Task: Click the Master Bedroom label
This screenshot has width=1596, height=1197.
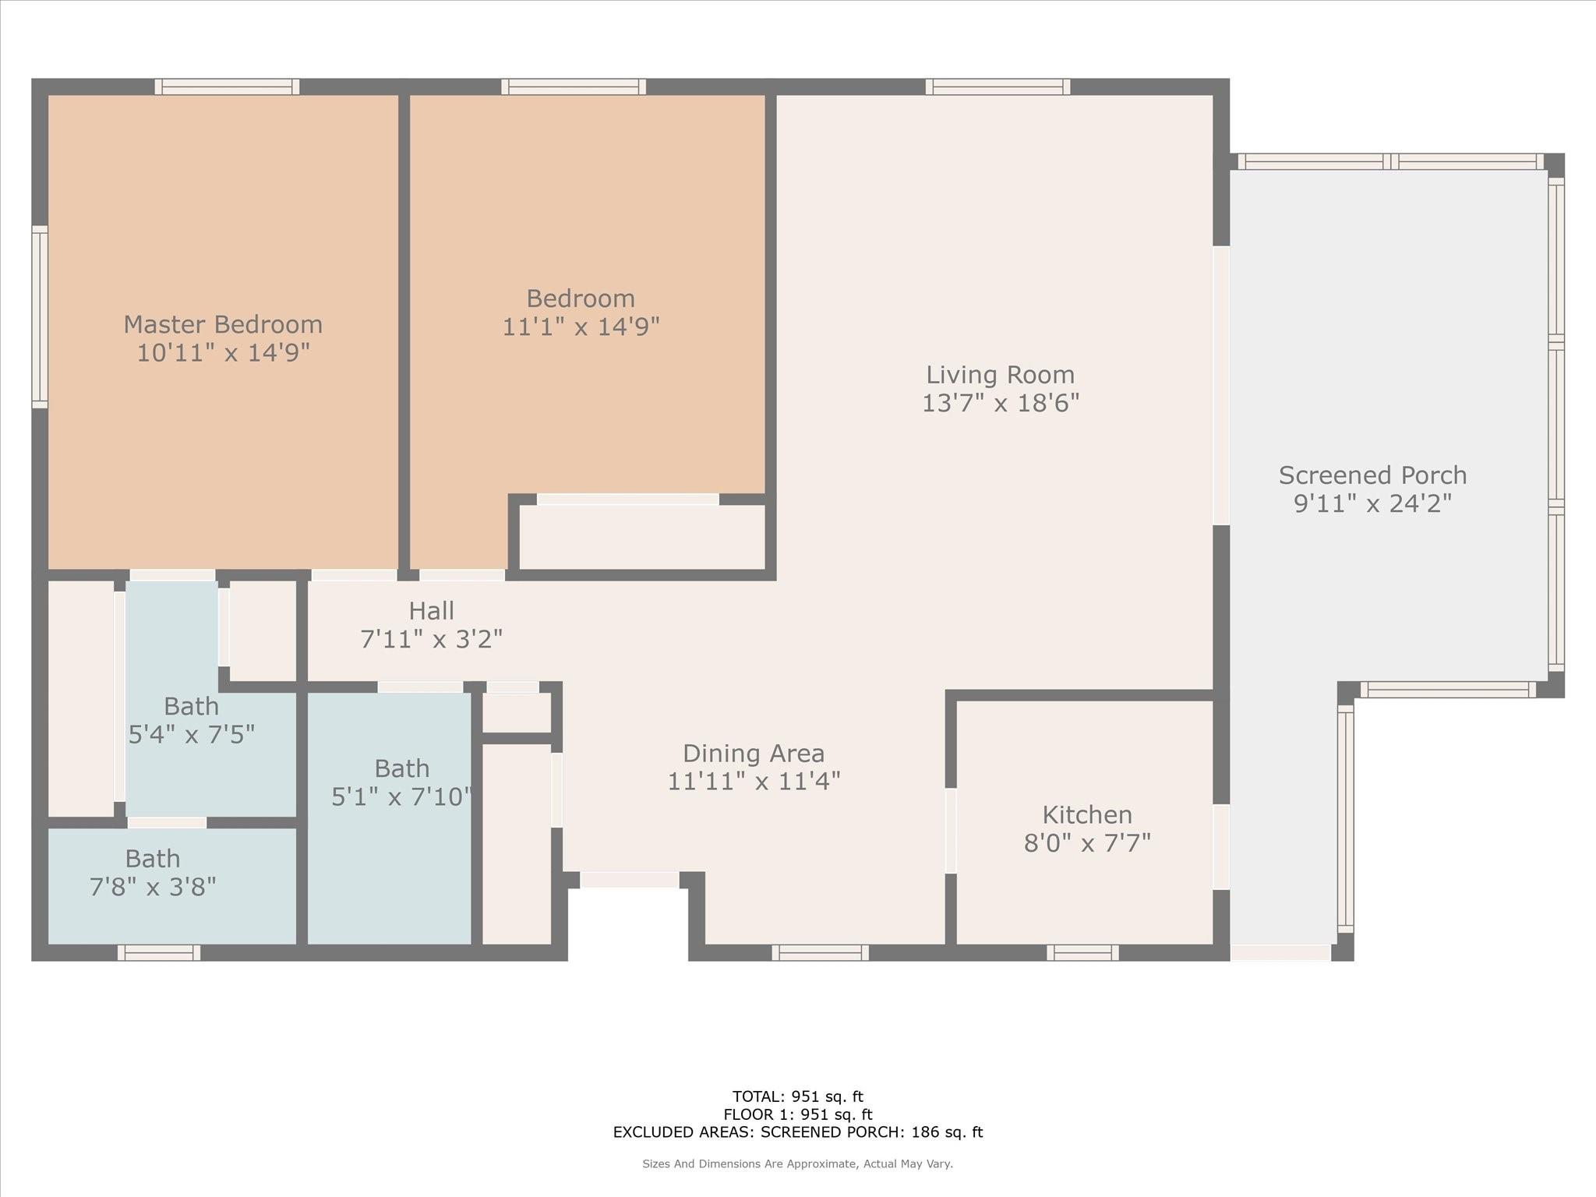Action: [x=223, y=324]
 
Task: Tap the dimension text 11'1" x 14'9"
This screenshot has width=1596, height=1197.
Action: [x=581, y=327]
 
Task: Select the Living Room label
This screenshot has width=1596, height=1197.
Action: [x=1000, y=375]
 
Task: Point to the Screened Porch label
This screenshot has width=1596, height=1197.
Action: [x=1372, y=475]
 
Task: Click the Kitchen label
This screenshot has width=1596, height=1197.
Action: [x=1087, y=815]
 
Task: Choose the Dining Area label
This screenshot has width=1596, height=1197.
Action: [x=754, y=754]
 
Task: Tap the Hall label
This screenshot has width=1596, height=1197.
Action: [x=431, y=611]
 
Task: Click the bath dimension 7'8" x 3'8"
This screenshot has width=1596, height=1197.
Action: [x=153, y=887]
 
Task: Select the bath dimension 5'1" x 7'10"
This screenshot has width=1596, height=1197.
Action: [x=401, y=796]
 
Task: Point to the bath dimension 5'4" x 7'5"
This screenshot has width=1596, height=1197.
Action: [x=192, y=734]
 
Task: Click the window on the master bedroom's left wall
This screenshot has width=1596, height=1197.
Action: [x=40, y=316]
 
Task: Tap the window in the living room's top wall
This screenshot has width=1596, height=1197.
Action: [x=997, y=87]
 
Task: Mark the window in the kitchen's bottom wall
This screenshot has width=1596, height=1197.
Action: [x=1082, y=952]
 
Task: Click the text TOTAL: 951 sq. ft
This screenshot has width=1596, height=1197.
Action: [x=797, y=1097]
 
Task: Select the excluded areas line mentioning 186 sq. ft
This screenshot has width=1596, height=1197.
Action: [x=797, y=1132]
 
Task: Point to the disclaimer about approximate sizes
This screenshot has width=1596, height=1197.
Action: [x=797, y=1164]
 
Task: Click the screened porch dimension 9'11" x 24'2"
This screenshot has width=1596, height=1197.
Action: [x=1372, y=503]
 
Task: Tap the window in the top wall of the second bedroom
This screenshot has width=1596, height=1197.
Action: [x=574, y=87]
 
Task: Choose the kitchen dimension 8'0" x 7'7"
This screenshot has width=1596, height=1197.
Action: [x=1087, y=843]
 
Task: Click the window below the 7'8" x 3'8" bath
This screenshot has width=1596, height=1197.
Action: [x=159, y=952]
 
